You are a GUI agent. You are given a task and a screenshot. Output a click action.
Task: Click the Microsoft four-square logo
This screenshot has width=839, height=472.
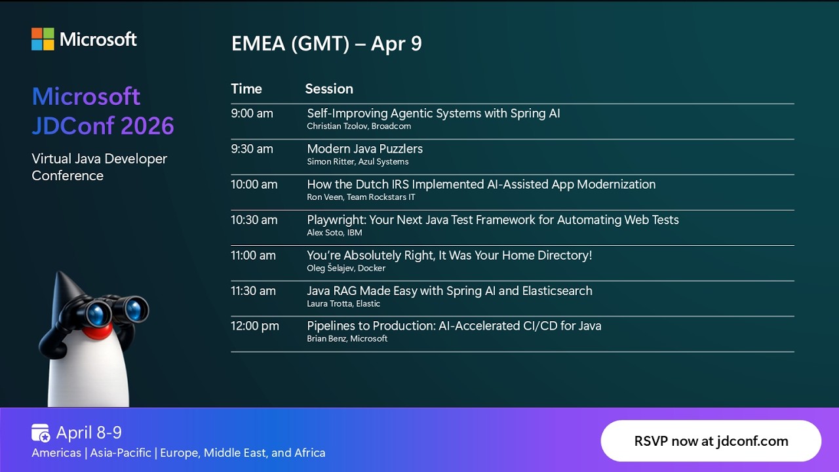tap(43, 39)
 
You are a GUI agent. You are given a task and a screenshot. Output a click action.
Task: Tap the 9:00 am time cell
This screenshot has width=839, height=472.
tap(252, 113)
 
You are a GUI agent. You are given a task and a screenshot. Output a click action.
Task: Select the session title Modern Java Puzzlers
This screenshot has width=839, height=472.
tap(364, 149)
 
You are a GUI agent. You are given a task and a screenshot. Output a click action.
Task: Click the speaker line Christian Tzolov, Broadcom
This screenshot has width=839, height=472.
tap(359, 127)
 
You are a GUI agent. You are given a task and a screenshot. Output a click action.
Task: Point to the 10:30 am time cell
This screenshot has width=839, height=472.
tap(254, 220)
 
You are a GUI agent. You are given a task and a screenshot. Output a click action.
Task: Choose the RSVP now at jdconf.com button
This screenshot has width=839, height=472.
tap(711, 441)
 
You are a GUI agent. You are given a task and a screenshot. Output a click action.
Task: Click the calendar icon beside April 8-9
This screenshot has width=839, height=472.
tap(41, 433)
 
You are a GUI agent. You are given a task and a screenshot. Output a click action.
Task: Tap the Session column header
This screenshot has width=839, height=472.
tap(329, 88)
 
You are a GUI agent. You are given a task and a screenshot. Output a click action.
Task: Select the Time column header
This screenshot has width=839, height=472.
tap(246, 88)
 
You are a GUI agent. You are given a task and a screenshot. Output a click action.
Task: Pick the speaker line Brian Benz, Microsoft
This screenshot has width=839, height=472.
tap(347, 339)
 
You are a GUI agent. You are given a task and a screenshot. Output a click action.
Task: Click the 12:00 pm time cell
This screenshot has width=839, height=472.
tap(254, 326)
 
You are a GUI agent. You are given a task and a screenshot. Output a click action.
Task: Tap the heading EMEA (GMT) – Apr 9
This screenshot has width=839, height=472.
tap(326, 44)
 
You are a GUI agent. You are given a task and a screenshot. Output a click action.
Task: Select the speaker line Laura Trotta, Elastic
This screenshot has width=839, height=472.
tap(343, 304)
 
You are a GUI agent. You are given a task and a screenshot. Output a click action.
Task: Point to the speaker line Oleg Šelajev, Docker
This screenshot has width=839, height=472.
tap(346, 268)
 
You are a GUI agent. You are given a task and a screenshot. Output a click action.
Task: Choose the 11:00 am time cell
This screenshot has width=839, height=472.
tap(253, 255)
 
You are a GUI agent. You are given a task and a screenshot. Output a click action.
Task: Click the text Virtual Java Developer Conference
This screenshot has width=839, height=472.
tap(99, 167)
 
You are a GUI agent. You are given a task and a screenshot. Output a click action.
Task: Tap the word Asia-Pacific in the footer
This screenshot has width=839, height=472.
tap(121, 453)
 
